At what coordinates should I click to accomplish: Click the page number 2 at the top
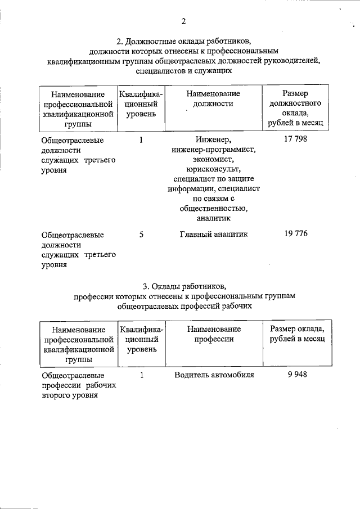183,22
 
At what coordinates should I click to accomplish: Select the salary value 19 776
296,234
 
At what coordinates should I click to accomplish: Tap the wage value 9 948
296,374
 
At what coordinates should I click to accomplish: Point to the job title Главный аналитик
214,234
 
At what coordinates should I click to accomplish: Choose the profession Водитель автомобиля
214,374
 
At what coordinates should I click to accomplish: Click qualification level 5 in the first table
142,234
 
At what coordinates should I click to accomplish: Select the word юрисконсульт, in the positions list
214,169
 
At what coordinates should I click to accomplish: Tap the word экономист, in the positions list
214,159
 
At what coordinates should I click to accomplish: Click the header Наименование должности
214,98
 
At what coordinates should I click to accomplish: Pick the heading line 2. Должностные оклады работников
183,41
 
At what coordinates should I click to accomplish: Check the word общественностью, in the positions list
214,209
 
